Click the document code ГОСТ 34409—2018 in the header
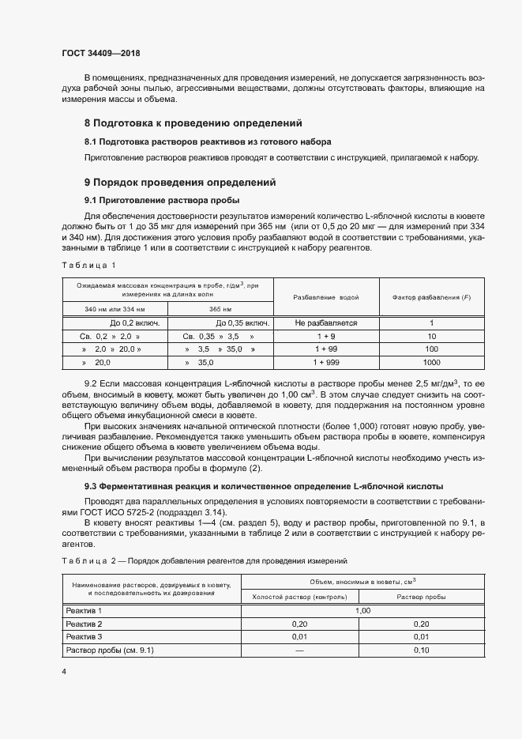point(100,54)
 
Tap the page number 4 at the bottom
point(64,671)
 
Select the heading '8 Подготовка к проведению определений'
point(193,123)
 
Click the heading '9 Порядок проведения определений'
point(180,183)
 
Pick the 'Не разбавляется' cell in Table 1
point(326,323)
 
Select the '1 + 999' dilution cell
point(326,361)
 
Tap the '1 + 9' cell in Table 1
point(326,336)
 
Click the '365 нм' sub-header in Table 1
point(220,309)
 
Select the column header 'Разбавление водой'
point(326,297)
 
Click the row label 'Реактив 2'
point(84,624)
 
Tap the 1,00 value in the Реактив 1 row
point(363,611)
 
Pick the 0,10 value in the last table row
point(421,650)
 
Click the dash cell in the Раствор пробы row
point(299,650)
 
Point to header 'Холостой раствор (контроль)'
point(299,597)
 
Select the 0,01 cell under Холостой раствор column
point(299,637)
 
